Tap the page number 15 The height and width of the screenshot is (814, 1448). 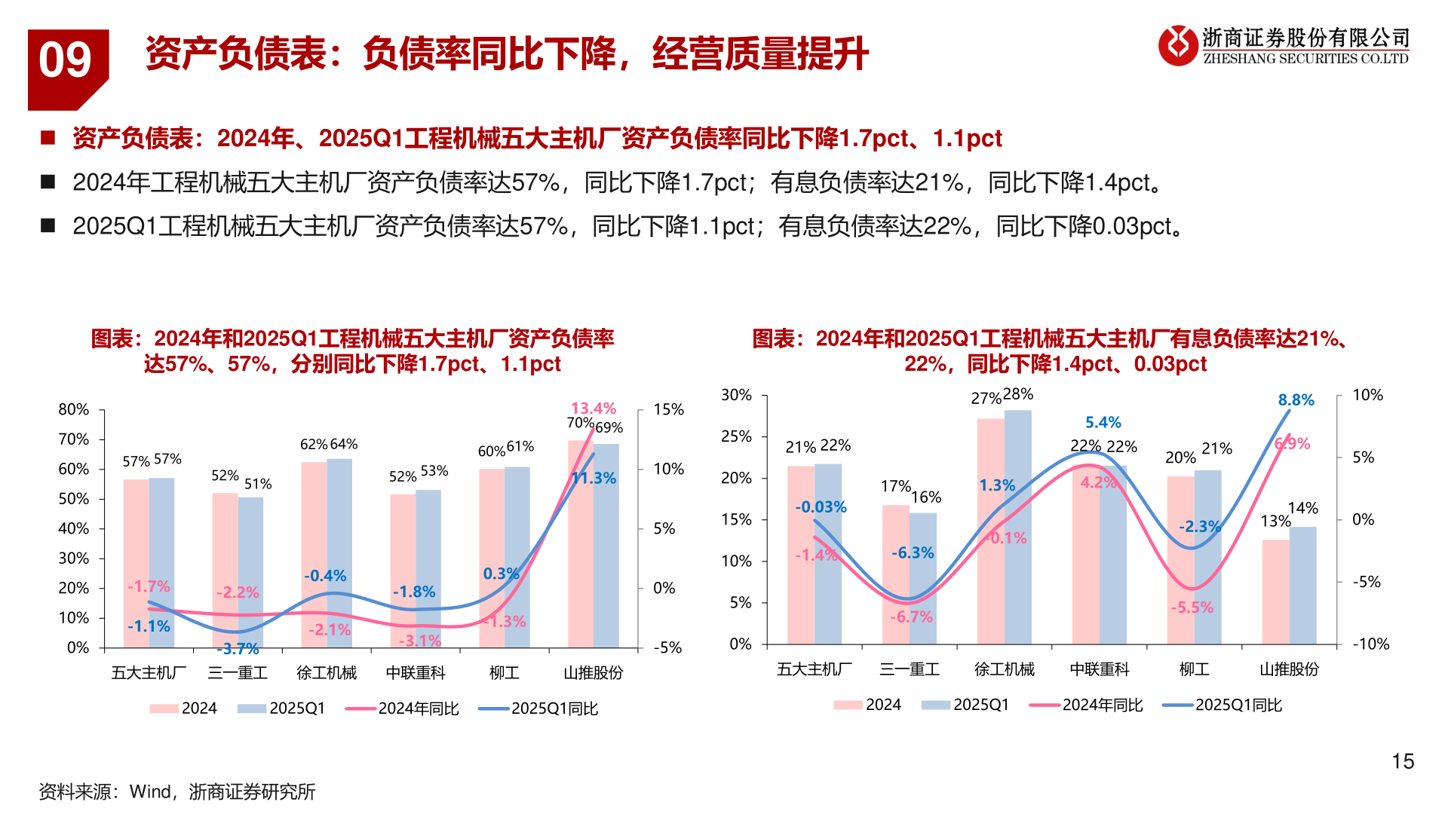1403,761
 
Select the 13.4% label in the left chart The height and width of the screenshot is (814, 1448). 594,409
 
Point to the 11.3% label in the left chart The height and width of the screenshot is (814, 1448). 594,478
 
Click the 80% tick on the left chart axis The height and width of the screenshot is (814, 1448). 73,409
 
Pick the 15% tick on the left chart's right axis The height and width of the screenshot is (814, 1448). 668,409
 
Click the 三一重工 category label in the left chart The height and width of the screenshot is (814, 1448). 238,672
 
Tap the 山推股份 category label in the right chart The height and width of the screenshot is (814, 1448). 1290,669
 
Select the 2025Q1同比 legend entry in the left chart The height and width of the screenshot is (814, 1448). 539,708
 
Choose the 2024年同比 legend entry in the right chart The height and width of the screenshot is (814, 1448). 1087,705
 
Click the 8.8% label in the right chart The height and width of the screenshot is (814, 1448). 1296,400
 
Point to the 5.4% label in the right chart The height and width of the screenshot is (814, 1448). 1103,423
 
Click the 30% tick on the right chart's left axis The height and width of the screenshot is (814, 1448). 736,395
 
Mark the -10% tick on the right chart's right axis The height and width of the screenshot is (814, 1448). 1370,644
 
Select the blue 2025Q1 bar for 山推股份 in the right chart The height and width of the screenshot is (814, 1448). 1302,586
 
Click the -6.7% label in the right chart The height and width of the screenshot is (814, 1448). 911,617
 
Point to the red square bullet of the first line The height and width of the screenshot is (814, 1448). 48,137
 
